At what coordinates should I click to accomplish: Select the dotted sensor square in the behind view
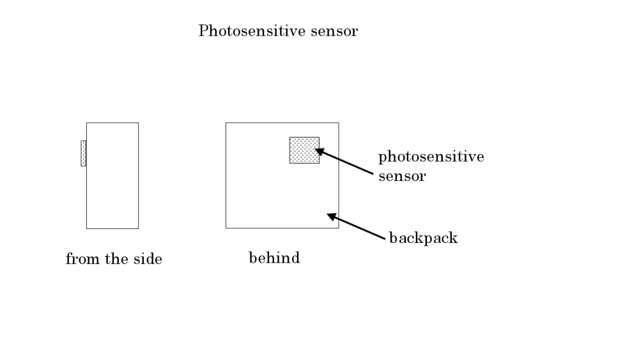pyautogui.click(x=304, y=150)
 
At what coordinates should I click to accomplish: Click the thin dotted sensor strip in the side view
pyautogui.click(x=83, y=153)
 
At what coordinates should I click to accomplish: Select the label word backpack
pyautogui.click(x=424, y=239)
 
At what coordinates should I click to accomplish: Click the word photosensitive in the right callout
pyautogui.click(x=431, y=157)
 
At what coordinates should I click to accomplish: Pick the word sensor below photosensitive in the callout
pyautogui.click(x=402, y=176)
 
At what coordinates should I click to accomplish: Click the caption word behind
pyautogui.click(x=274, y=258)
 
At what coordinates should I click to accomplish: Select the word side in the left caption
pyautogui.click(x=148, y=259)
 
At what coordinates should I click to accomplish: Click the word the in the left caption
pyautogui.click(x=115, y=259)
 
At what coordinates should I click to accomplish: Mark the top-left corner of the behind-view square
pyautogui.click(x=226, y=123)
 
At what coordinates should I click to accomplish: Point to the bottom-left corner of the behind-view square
pyautogui.click(x=226, y=228)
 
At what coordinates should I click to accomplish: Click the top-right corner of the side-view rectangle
pyautogui.click(x=138, y=123)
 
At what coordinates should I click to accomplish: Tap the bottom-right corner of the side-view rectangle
pyautogui.click(x=138, y=228)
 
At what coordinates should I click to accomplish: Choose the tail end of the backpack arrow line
pyautogui.click(x=386, y=241)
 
